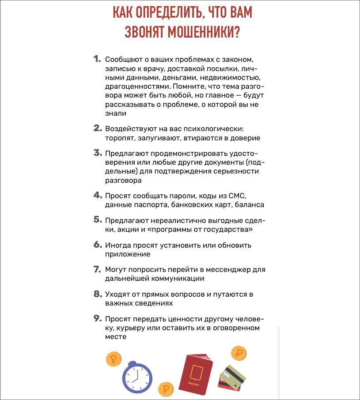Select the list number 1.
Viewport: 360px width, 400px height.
point(97,59)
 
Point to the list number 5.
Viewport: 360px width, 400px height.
point(98,219)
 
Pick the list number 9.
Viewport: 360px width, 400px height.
point(98,318)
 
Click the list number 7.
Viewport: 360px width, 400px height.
point(98,269)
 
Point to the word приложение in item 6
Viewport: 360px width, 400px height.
point(128,254)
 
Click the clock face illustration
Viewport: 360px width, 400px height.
point(137,377)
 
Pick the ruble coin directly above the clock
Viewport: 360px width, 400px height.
point(114,358)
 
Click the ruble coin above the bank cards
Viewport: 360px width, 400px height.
point(239,353)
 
